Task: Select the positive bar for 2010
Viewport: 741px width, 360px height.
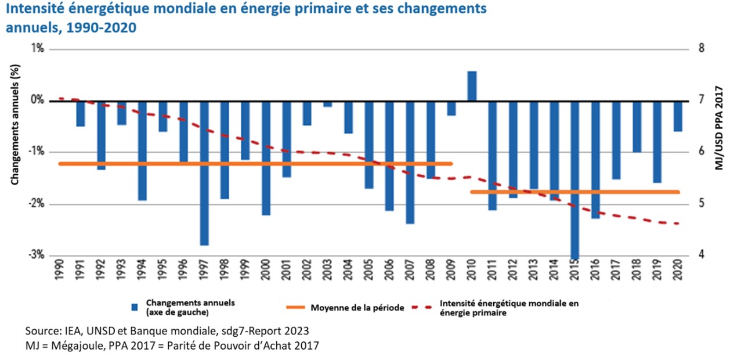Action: point(472,86)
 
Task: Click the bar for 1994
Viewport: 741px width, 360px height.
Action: point(142,150)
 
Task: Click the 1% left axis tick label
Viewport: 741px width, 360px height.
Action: point(38,49)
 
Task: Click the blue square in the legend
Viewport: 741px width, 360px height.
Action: point(135,307)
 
